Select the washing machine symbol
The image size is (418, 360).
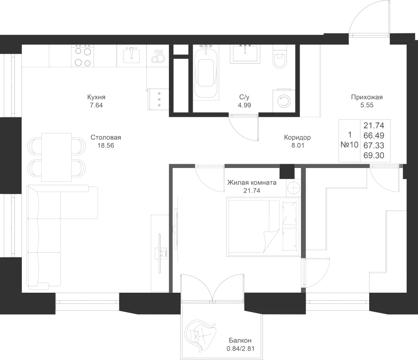click(x=282, y=100)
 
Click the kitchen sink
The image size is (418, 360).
click(x=132, y=56)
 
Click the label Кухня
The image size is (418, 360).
click(x=96, y=98)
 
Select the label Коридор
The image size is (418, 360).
click(x=297, y=138)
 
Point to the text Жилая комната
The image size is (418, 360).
click(x=251, y=183)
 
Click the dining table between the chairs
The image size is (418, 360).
click(x=57, y=157)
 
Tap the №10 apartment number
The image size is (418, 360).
click(x=349, y=145)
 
